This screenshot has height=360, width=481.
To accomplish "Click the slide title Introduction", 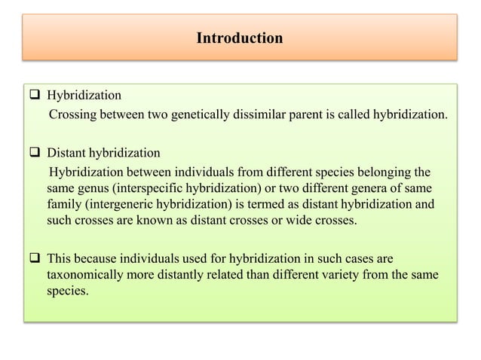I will coord(240,37).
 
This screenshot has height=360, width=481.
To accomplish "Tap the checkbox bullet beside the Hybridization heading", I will coord(36,96).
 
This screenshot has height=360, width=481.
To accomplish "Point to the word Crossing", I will coord(73,114).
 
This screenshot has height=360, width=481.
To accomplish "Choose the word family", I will coord(64,203).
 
